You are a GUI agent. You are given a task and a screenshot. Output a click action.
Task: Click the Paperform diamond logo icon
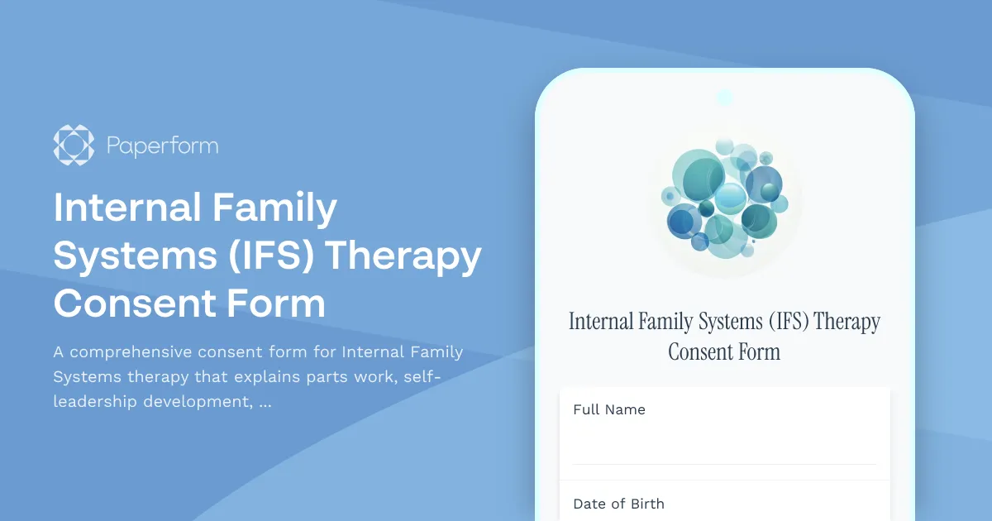74,146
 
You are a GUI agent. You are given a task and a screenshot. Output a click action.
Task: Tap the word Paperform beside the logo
162,146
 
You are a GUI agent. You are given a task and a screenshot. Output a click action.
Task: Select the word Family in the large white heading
275,208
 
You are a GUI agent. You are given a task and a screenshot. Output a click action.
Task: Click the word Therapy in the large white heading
403,257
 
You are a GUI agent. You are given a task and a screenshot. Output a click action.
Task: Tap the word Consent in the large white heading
124,304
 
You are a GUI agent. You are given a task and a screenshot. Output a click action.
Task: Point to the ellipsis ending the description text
265,404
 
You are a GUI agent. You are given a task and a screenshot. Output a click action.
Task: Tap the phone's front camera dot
725,98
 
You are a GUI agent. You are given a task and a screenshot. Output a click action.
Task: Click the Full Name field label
609,409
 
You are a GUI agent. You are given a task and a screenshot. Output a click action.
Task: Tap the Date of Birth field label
618,504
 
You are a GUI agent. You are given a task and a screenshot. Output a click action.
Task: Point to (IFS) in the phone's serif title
786,322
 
